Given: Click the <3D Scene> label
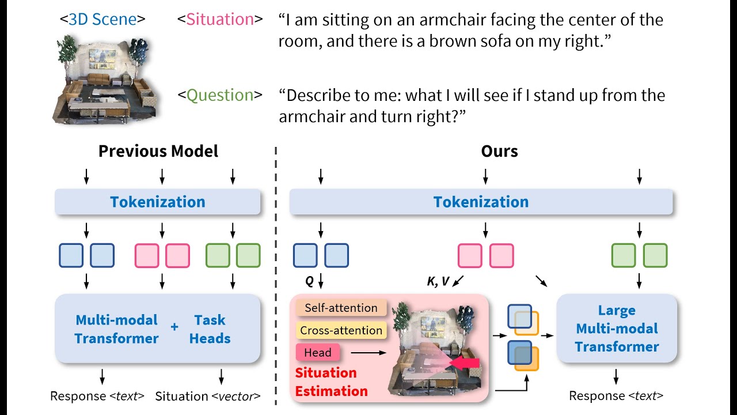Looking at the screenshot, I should (x=102, y=19).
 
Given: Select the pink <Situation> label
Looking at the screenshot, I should (x=220, y=19).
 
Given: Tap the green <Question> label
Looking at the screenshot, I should (x=220, y=95).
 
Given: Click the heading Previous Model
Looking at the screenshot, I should (x=158, y=151).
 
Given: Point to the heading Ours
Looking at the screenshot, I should (x=499, y=151).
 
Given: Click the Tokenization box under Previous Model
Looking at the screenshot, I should (x=158, y=202).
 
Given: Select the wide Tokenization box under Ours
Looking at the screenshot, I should (x=481, y=202).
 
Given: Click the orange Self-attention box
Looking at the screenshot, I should (x=341, y=308).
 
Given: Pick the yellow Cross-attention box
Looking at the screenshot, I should (x=341, y=330).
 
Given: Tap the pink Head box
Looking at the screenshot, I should (x=318, y=352).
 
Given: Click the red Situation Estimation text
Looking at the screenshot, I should (x=331, y=382).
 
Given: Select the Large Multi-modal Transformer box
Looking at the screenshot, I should (x=617, y=329).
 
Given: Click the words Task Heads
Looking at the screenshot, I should (x=210, y=329).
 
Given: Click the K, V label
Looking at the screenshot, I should (x=438, y=282).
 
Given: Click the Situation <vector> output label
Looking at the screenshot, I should (x=208, y=397).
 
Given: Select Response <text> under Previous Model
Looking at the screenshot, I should (x=97, y=397).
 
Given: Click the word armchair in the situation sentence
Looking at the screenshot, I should (x=458, y=20).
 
